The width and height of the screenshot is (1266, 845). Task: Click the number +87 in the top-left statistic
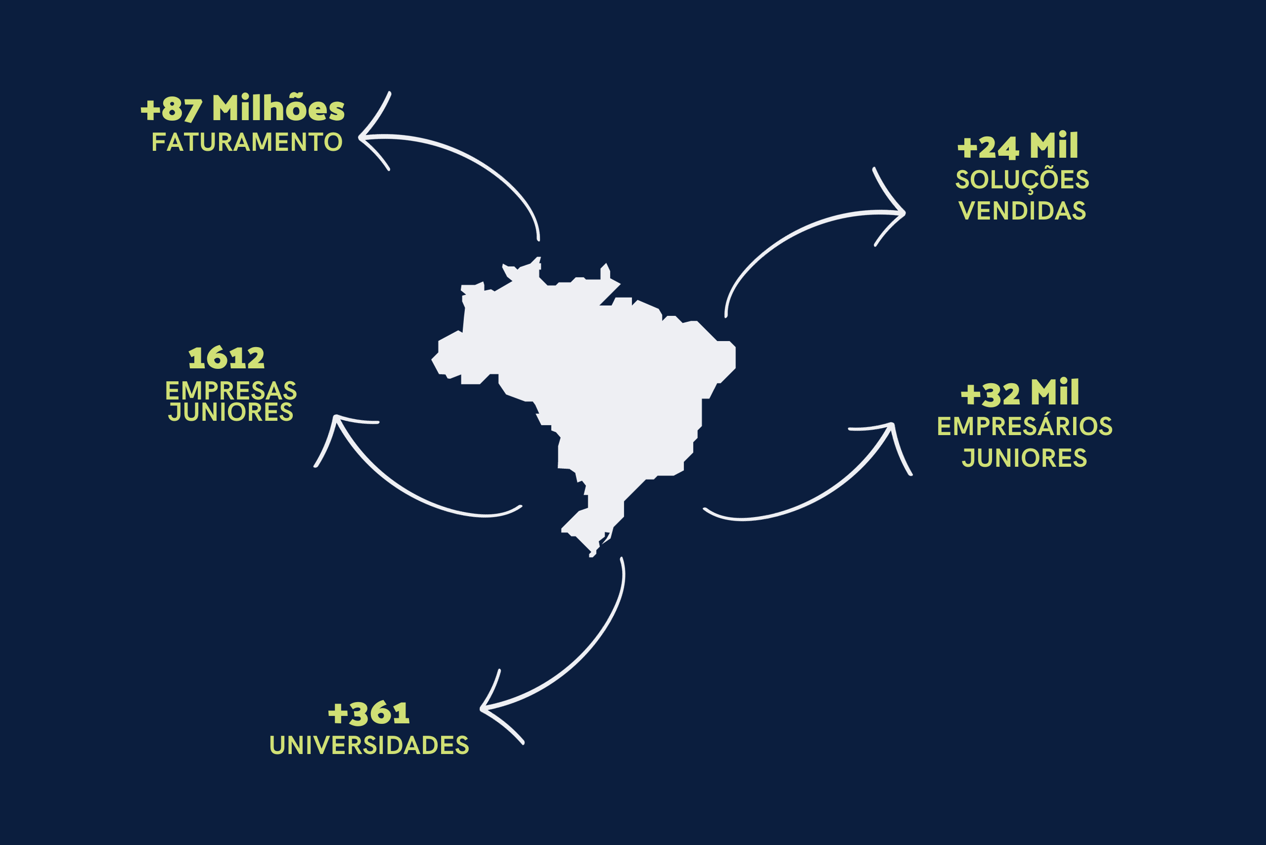(172, 110)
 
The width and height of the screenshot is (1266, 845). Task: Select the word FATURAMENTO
(247, 142)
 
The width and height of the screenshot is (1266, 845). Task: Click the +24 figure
(988, 147)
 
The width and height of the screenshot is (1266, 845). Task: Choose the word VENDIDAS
(1022, 211)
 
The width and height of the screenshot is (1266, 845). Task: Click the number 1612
(226, 358)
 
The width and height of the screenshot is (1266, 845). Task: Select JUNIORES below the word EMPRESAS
(230, 412)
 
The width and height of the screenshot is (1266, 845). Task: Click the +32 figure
(991, 395)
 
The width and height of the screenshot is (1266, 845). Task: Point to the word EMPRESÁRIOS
(1025, 426)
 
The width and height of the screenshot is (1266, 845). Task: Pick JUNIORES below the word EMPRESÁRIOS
(1025, 458)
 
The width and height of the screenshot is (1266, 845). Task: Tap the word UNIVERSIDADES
(369, 745)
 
